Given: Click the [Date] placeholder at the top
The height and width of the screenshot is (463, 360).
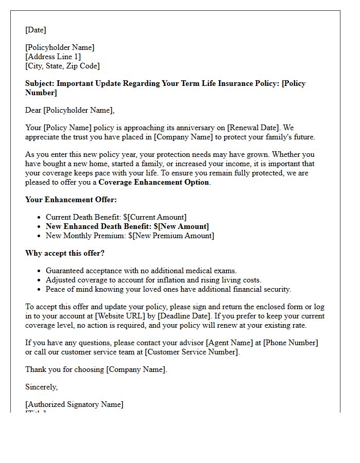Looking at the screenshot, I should [x=35, y=30].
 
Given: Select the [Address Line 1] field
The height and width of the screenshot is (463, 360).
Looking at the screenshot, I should [x=53, y=57].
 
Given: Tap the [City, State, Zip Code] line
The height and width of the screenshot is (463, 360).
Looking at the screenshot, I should [x=62, y=66].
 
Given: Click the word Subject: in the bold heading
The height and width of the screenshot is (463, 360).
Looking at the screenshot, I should [x=40, y=83].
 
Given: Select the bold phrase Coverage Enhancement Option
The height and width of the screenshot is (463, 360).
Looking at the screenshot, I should [x=154, y=182].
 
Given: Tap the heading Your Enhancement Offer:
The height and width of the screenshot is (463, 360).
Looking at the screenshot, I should [x=71, y=200].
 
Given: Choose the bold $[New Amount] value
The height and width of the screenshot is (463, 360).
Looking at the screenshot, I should [x=181, y=226].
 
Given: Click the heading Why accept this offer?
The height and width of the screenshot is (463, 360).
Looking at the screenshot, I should [x=65, y=253].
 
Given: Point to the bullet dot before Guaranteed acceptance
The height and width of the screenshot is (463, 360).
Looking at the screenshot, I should [x=40, y=271].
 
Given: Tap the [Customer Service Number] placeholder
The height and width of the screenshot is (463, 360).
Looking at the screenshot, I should [x=192, y=352].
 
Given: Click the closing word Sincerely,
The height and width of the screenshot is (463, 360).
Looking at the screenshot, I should [x=42, y=387].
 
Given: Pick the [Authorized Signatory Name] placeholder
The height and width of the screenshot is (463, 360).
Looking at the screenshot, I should [x=74, y=404].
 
